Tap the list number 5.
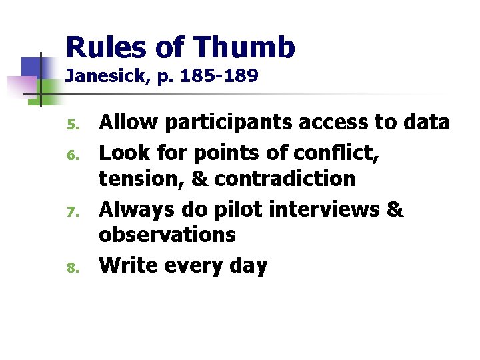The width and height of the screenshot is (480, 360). (x=75, y=125)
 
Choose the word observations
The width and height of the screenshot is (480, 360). (x=167, y=234)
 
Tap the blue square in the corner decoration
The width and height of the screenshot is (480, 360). (x=32, y=67)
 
